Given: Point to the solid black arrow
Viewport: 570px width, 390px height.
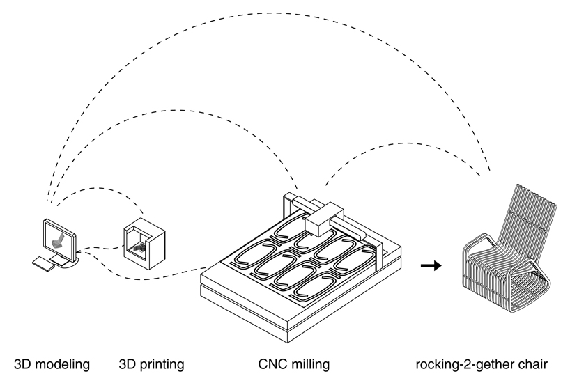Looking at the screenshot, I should tap(431, 265).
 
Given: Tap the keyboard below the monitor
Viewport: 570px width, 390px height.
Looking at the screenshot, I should tap(43, 263).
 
